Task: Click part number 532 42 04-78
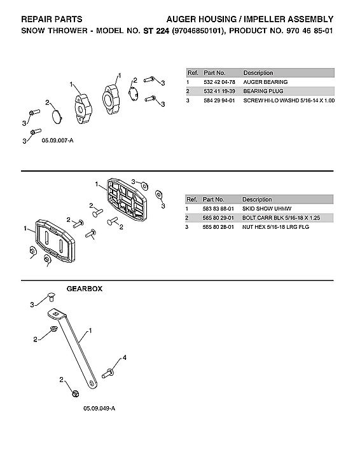(218, 82)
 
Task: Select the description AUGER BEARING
(265, 82)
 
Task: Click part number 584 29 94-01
(218, 100)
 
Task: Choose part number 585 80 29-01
(218, 218)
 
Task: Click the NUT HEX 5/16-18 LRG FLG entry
(275, 227)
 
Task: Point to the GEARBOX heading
(85, 289)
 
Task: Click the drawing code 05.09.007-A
(58, 139)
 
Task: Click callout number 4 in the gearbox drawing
(124, 358)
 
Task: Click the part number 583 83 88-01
(218, 209)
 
